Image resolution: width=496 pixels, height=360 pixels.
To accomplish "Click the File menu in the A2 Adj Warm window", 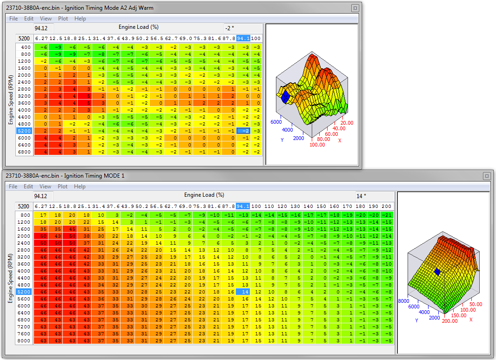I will tap(13, 19).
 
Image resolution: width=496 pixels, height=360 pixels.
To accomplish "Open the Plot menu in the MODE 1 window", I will tap(63, 187).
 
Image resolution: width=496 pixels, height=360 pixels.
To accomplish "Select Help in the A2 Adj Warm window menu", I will tap(80, 19).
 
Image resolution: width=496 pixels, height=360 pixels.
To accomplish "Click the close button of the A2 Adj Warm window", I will tap(355, 8).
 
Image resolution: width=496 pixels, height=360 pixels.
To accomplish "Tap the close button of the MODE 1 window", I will tap(486, 176).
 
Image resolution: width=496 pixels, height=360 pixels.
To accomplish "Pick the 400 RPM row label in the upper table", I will tap(25, 47).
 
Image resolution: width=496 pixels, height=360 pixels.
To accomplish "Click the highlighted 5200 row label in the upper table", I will tap(24, 131).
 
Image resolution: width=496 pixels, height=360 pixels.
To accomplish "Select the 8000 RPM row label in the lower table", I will tap(24, 340).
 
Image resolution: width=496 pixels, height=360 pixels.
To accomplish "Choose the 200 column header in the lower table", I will tap(386, 206).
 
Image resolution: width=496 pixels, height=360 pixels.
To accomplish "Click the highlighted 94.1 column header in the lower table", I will tap(243, 206).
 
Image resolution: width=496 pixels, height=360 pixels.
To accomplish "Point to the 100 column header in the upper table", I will tap(256, 38).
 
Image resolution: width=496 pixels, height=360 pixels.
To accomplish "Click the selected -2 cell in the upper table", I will tap(243, 131).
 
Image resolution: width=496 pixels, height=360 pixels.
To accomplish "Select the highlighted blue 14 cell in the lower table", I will tap(243, 292).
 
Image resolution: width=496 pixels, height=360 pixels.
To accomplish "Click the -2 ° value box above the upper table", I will tap(243, 28).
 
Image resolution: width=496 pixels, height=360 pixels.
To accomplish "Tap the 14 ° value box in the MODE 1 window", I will tap(375, 196).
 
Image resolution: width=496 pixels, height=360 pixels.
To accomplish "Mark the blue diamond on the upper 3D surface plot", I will tap(285, 96).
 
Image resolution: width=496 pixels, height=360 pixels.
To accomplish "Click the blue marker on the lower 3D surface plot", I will tap(437, 272).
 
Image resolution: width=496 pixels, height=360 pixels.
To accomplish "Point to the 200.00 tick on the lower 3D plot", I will tap(450, 321).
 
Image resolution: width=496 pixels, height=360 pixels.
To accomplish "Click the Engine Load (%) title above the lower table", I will tap(204, 195).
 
